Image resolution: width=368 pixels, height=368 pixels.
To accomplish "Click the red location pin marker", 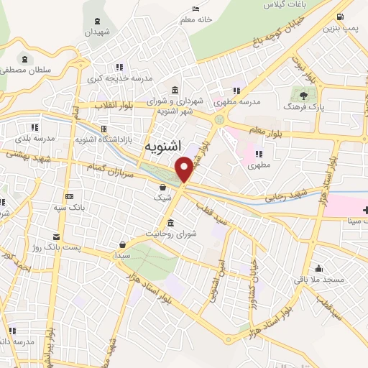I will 184,169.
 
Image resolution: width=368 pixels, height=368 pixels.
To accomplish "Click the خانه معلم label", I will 195,21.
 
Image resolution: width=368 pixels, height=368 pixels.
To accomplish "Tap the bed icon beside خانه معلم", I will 195,9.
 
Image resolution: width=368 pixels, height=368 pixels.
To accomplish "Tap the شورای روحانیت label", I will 171,234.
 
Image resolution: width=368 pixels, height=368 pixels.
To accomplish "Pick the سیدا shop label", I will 121,255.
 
